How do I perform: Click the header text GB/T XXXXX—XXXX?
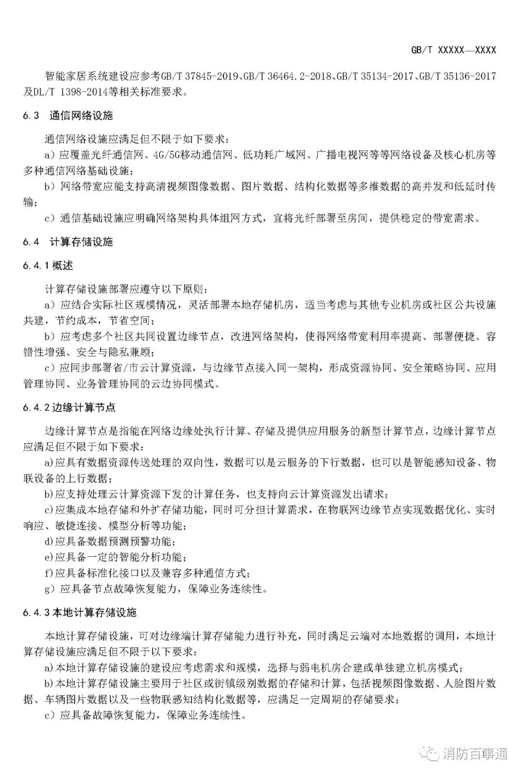[453, 51]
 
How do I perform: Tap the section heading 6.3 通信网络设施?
[68, 116]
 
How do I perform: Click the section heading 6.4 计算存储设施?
[68, 242]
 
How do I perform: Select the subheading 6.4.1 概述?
[48, 265]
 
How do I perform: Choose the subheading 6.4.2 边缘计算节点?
[69, 407]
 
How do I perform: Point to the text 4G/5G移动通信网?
[192, 156]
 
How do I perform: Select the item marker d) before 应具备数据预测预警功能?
[48, 541]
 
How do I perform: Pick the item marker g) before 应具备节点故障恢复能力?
[49, 589]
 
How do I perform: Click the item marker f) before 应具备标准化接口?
[48, 573]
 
